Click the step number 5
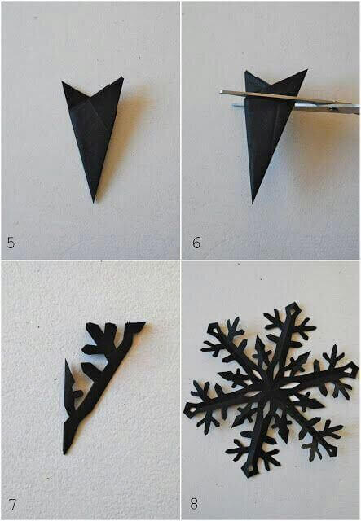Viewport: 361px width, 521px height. (x=11, y=243)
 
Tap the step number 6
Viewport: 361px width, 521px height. (x=196, y=243)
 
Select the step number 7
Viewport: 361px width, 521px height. (x=12, y=505)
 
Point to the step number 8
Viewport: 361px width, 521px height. (x=194, y=504)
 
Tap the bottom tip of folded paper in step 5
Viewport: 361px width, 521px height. (x=95, y=201)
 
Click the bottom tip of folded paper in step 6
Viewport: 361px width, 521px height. (x=253, y=202)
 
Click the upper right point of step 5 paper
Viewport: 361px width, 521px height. (x=122, y=78)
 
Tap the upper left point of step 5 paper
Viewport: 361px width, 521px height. (x=63, y=81)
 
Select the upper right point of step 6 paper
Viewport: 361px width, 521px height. (x=306, y=70)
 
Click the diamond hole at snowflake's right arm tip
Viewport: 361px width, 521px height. (x=350, y=369)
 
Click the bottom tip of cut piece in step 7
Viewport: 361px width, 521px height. (x=65, y=453)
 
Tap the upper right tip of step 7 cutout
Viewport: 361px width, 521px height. (x=143, y=323)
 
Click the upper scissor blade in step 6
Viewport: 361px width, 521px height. (x=286, y=98)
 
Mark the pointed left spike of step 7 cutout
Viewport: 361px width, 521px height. (x=66, y=362)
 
